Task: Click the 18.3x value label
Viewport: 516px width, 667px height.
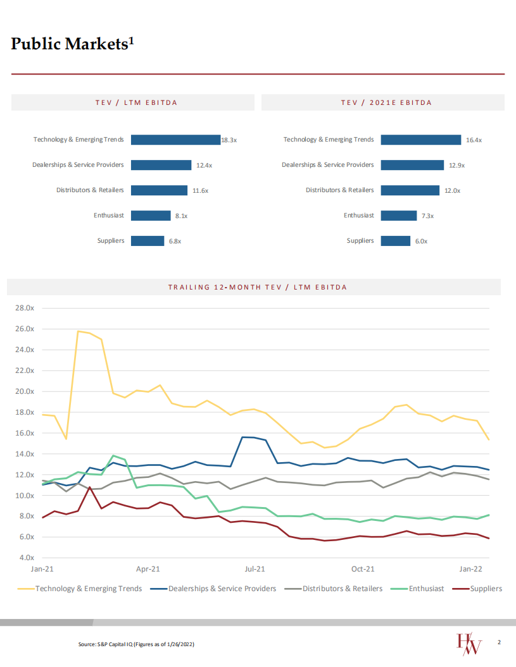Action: pyautogui.click(x=229, y=140)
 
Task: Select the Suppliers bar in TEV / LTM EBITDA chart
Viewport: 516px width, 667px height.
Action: pyautogui.click(x=148, y=241)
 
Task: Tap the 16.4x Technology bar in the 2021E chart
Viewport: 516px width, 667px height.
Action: pyautogui.click(x=420, y=140)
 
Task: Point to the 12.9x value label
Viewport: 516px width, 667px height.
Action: pyautogui.click(x=456, y=165)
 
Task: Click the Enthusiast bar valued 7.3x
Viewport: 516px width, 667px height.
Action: pyautogui.click(x=398, y=216)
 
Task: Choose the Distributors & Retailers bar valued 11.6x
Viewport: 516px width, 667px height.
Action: pyautogui.click(x=160, y=190)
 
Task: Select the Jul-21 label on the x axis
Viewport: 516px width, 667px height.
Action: pyautogui.click(x=255, y=569)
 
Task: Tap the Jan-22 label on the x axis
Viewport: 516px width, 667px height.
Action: pyautogui.click(x=470, y=569)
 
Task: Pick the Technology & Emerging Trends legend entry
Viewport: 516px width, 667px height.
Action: pyautogui.click(x=89, y=589)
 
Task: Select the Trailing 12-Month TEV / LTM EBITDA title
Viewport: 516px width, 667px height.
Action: pyautogui.click(x=258, y=287)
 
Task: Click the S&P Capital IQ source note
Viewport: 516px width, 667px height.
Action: pyautogui.click(x=136, y=644)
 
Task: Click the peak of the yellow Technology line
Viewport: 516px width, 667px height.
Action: pyautogui.click(x=78, y=331)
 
